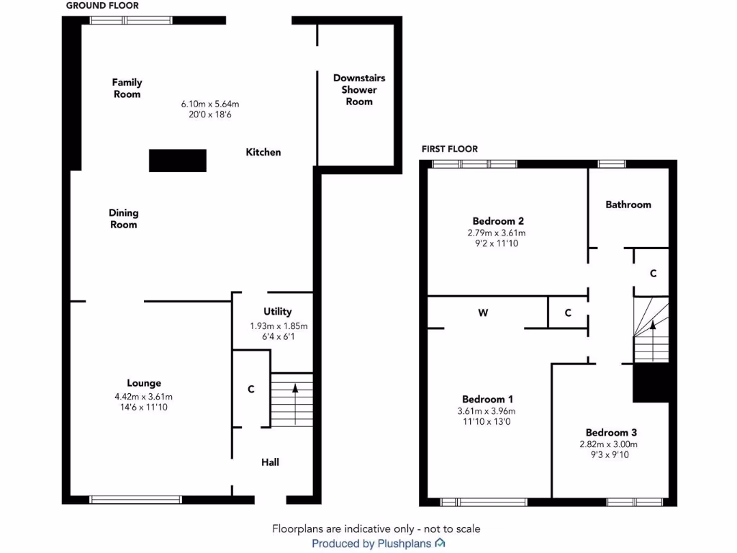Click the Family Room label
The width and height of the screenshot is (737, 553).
coord(127,88)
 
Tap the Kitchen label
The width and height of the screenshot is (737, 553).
coord(263,152)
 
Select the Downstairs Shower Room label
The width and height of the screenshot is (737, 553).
coord(359,89)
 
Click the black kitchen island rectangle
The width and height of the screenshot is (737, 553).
coord(178,160)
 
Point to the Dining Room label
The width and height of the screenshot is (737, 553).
coord(123,218)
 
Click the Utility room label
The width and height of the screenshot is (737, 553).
coord(277,311)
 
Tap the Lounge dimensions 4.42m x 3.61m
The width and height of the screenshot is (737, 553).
coord(145,396)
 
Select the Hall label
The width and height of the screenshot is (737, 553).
coord(270,462)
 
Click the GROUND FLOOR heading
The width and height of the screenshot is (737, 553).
coord(102,6)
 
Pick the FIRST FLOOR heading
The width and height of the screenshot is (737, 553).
coord(450,149)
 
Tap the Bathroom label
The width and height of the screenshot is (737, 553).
coord(628,204)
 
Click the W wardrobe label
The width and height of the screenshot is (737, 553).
coord(483,313)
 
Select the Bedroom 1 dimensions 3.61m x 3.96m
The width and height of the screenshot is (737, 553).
coord(487,411)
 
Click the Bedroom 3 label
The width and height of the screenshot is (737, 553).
coord(611,432)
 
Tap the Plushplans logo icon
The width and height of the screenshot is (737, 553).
coord(440,543)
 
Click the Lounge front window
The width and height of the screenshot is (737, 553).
coord(135,499)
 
